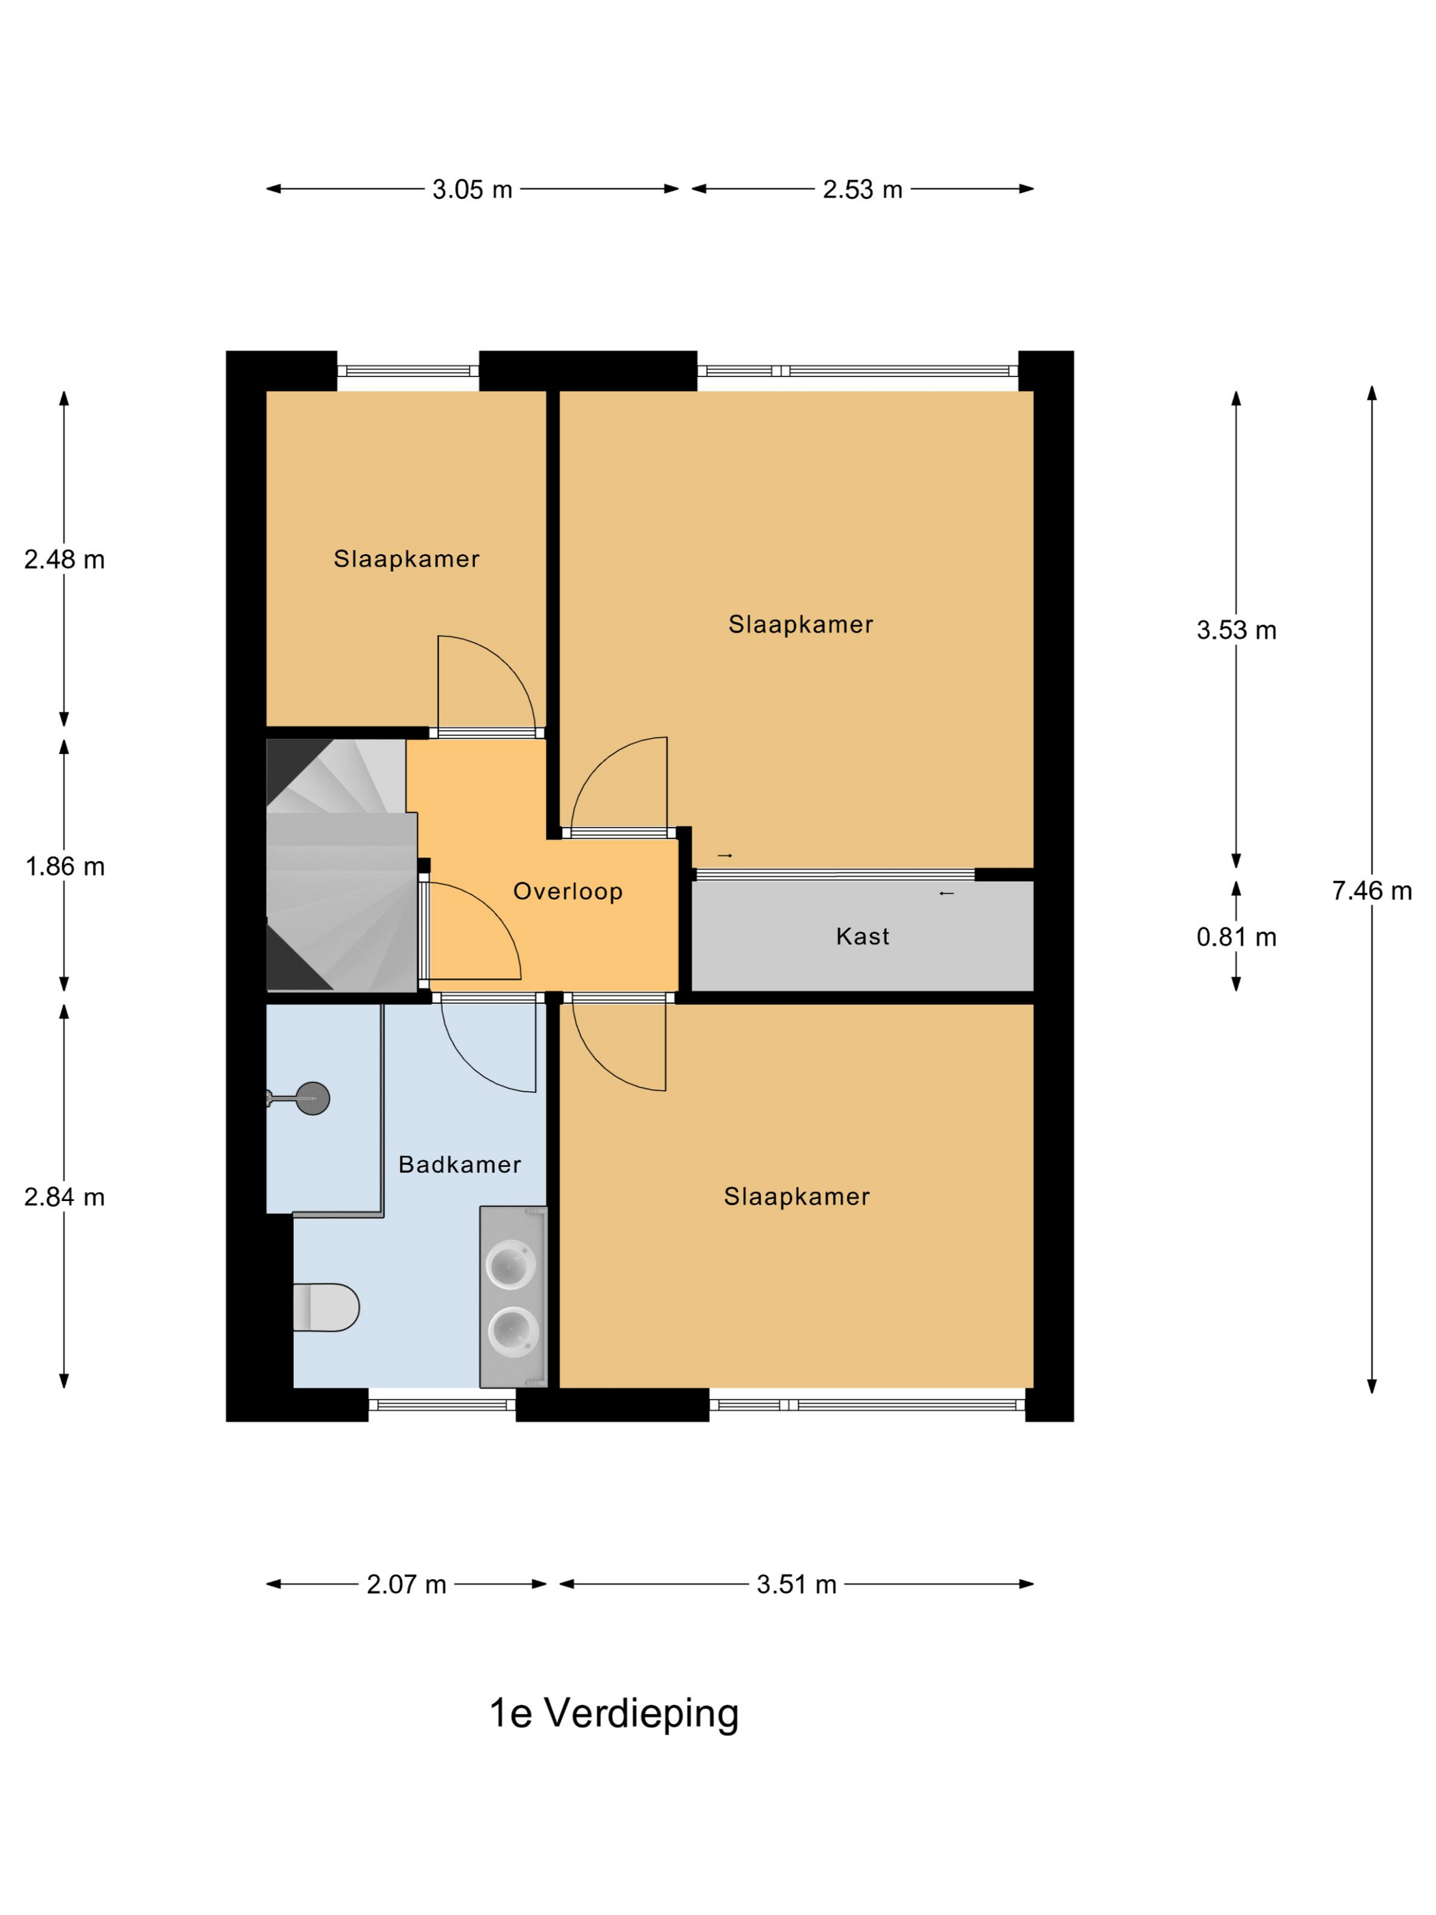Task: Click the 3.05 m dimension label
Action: coord(472,189)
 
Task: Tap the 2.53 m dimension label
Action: coord(862,189)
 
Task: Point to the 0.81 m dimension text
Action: coord(1236,937)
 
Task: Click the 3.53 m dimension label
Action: coord(1236,631)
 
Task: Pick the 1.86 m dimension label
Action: coord(65,866)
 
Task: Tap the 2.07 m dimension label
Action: coord(406,1584)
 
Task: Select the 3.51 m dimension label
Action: coord(797,1584)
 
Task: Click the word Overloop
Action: coord(568,891)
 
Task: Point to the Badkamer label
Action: coord(460,1165)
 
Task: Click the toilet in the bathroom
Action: coord(326,1306)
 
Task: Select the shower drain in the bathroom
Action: coord(313,1098)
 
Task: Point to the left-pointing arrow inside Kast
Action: coord(946,893)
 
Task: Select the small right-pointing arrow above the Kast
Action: coord(726,856)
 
